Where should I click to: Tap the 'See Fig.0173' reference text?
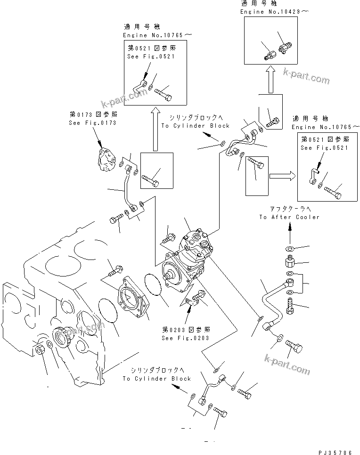(x=92, y=123)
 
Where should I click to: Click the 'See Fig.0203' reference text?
(x=186, y=338)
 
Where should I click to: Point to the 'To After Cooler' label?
(x=289, y=217)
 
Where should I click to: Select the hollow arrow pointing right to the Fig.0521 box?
(x=282, y=176)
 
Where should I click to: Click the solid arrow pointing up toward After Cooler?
(x=290, y=230)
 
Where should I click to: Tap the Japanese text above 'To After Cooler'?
(x=289, y=209)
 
